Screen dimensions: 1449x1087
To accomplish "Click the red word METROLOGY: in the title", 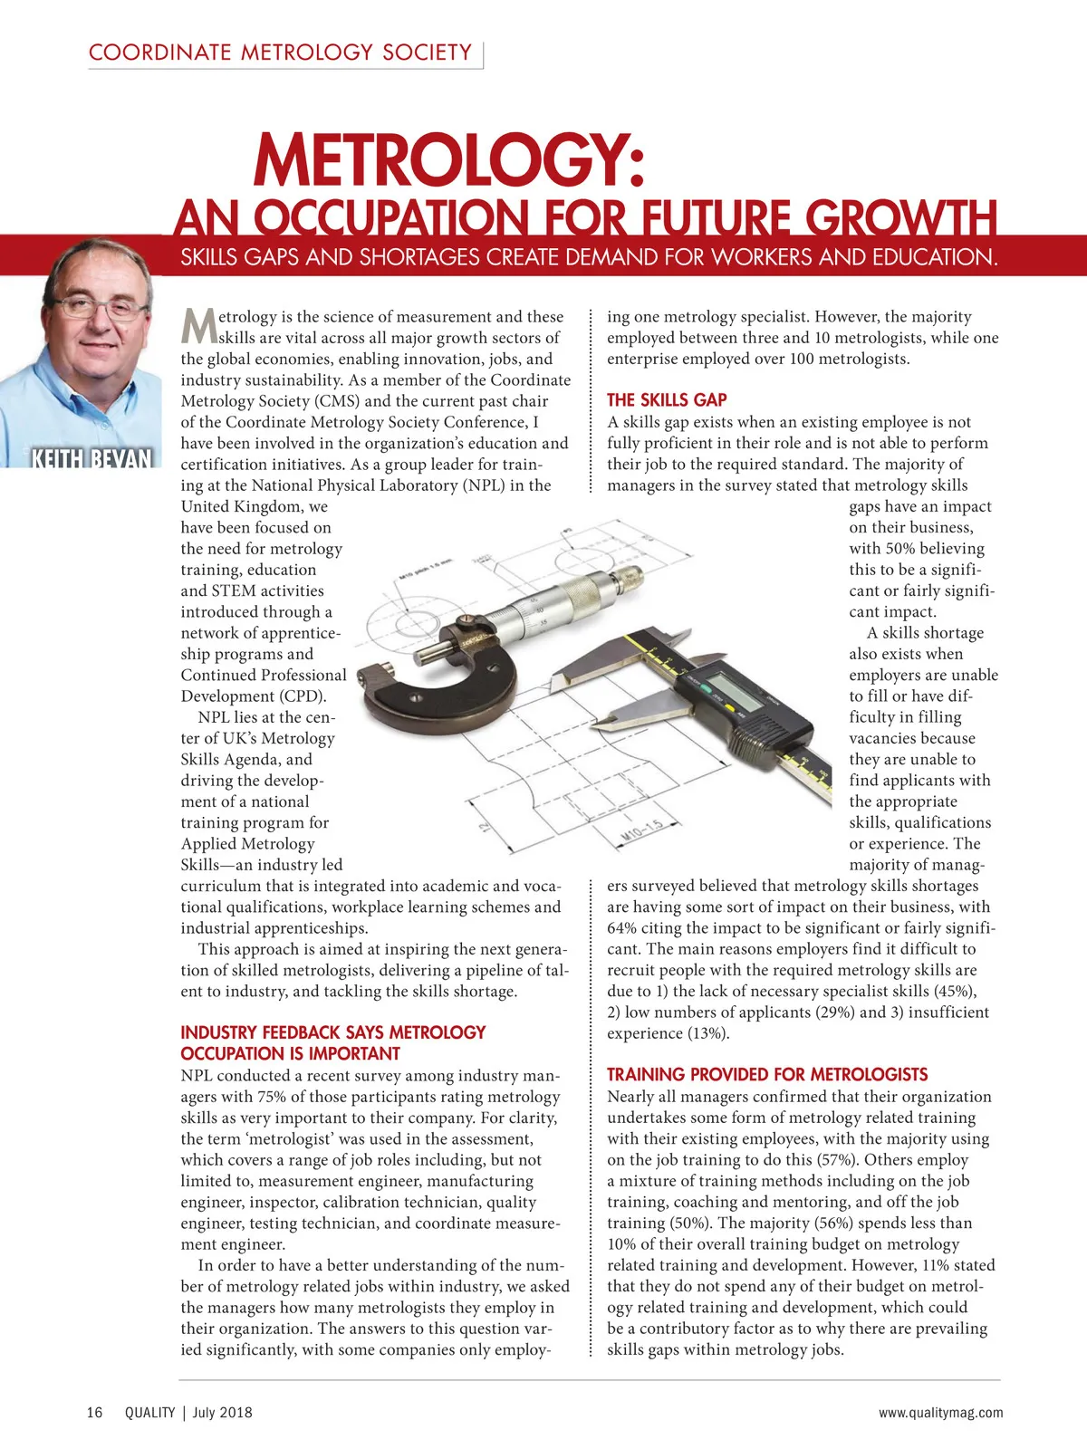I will [x=448, y=159].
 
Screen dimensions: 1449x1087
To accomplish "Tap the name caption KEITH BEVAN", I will [x=91, y=458].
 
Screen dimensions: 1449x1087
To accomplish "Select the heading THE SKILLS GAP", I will [x=667, y=400].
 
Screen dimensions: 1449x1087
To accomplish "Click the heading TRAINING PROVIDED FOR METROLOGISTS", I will [x=767, y=1075].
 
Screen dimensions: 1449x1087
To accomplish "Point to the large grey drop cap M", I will [x=198, y=327].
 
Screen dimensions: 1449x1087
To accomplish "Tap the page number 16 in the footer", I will [x=95, y=1413].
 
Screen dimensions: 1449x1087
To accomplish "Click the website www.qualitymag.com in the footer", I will [x=940, y=1413].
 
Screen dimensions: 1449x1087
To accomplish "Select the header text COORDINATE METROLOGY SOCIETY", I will [x=280, y=53].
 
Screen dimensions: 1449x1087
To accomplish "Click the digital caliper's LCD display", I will [x=732, y=680].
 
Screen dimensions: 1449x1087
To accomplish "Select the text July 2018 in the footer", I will [x=223, y=1413].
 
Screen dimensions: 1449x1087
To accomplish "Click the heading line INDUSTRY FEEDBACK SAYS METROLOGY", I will [x=332, y=1033].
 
